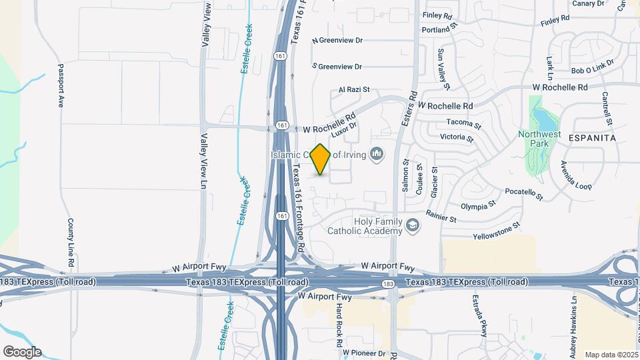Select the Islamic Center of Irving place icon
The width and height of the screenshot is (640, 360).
(x=377, y=155)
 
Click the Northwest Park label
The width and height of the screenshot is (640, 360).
(x=539, y=138)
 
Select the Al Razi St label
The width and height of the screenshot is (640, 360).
(x=354, y=89)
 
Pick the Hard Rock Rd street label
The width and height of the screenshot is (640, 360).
(x=339, y=324)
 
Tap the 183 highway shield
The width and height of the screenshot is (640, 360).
(x=388, y=285)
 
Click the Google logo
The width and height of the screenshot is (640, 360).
(x=22, y=351)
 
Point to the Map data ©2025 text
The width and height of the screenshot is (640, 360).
(x=610, y=355)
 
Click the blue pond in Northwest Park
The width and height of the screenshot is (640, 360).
(x=544, y=120)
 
